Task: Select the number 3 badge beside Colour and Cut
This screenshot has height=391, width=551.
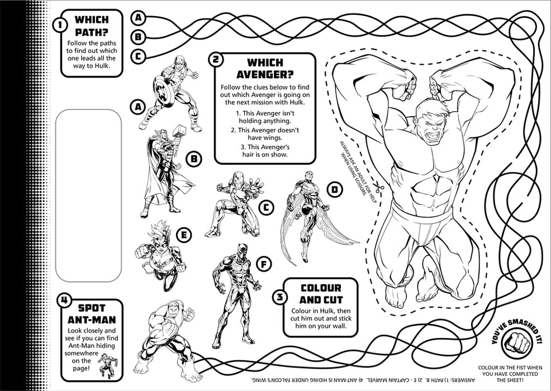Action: (278, 296)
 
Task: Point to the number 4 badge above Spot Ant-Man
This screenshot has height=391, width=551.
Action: (65, 301)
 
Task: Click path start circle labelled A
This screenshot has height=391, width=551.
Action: (139, 17)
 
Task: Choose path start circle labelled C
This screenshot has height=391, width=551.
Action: (139, 56)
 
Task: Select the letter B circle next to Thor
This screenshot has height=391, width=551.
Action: (193, 160)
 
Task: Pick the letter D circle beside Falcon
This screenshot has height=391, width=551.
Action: (334, 190)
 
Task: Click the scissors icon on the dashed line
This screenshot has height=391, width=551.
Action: (379, 188)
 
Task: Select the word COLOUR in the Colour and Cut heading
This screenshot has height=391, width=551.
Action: (321, 288)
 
